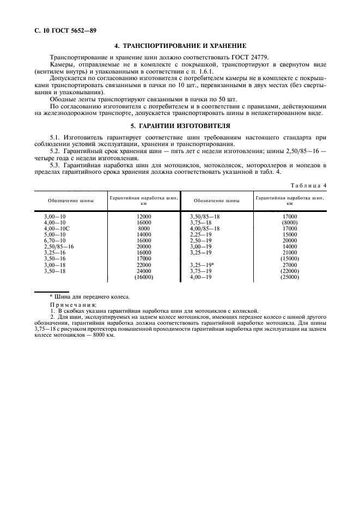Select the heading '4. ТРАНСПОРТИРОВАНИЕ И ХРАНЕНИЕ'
tap(179, 45)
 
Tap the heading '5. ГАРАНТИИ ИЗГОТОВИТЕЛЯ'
tap(179, 125)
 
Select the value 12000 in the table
tap(144, 216)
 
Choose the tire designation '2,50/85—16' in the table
tap(59, 246)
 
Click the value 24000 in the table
tap(144, 270)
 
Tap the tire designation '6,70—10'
tap(54, 240)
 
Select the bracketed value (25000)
tap(290, 277)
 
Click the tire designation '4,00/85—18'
tap(204, 228)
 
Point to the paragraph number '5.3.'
tap(56, 164)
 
